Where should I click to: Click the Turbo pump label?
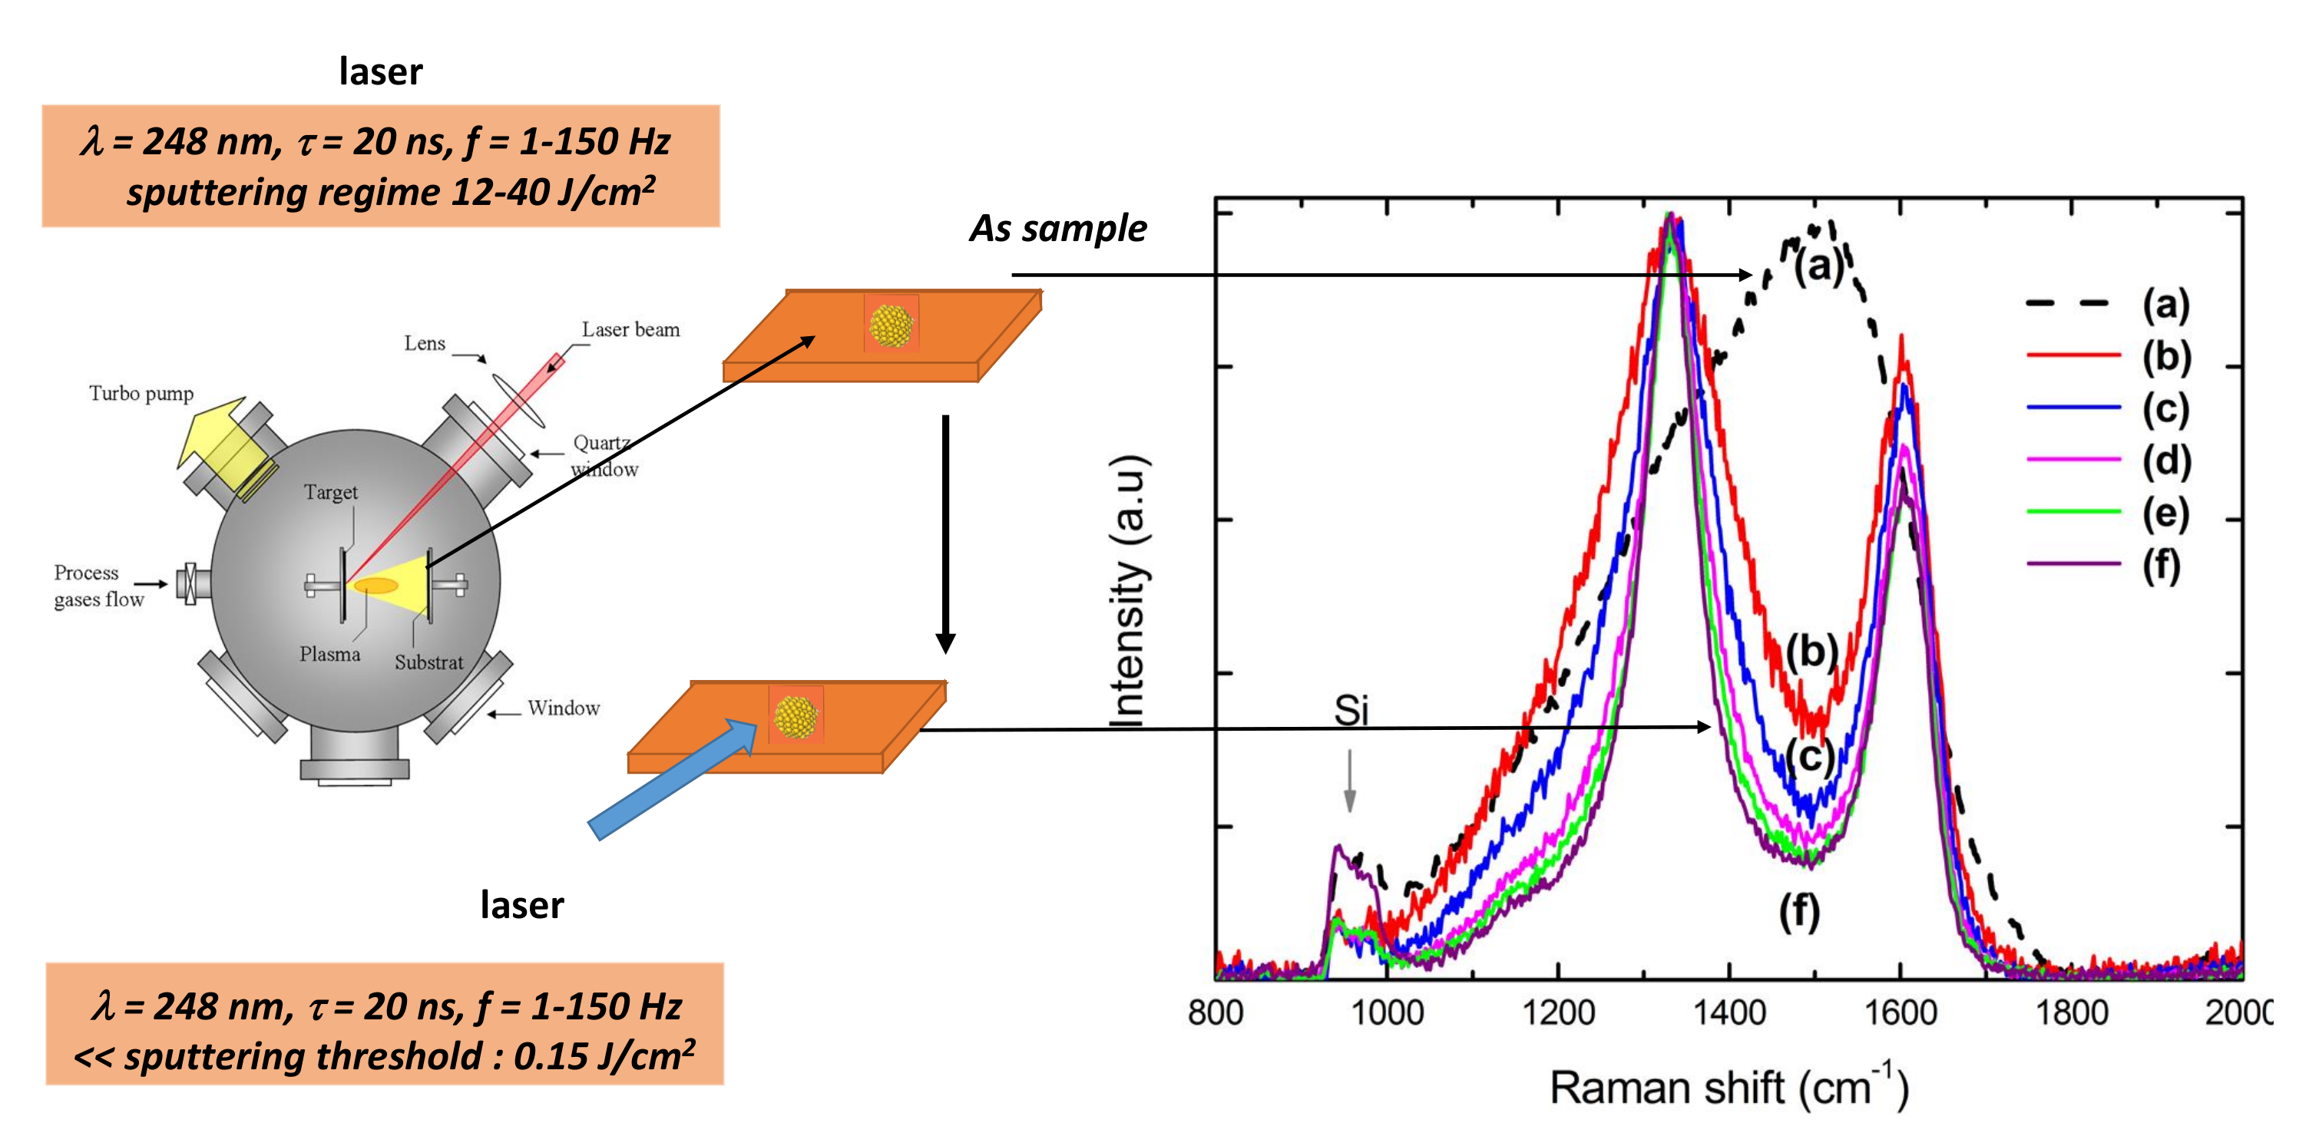coord(141,394)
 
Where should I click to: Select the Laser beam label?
coord(630,329)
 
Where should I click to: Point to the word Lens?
coord(424,343)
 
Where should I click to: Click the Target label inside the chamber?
coord(330,491)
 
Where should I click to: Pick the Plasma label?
coord(329,653)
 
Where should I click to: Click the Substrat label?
coord(428,662)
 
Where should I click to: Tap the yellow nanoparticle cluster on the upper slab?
coord(890,325)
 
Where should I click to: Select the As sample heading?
coord(1058,228)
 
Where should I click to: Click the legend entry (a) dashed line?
coord(2067,303)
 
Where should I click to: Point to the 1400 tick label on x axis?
coord(1728,1012)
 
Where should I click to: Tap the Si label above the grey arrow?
coord(1351,710)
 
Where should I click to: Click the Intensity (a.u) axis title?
coord(1128,590)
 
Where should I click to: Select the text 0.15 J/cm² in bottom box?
coord(603,1055)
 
